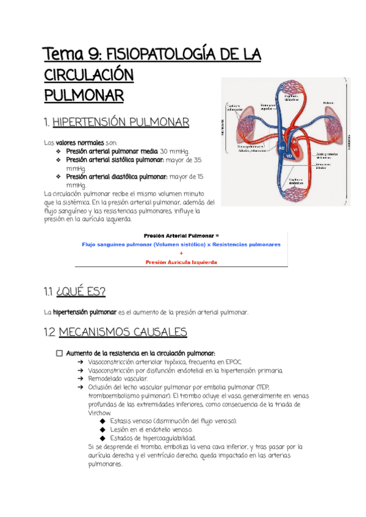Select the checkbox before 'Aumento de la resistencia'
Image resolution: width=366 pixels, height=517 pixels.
point(59,353)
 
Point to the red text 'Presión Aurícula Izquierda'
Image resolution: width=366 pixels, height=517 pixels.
point(181,262)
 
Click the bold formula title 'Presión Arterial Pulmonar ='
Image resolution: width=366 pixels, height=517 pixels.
point(181,235)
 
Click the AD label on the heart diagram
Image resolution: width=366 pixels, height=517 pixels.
point(282,148)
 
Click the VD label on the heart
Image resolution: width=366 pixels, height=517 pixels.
point(289,155)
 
